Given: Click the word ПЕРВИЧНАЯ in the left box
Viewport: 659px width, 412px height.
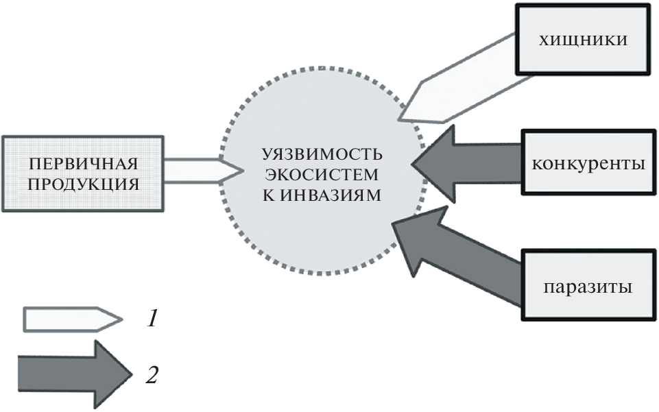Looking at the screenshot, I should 83,164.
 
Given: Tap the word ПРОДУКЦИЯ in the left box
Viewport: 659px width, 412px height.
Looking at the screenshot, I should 83,184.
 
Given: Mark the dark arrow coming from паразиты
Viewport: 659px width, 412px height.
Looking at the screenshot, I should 459,253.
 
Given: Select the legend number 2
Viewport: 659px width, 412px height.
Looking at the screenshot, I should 152,374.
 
